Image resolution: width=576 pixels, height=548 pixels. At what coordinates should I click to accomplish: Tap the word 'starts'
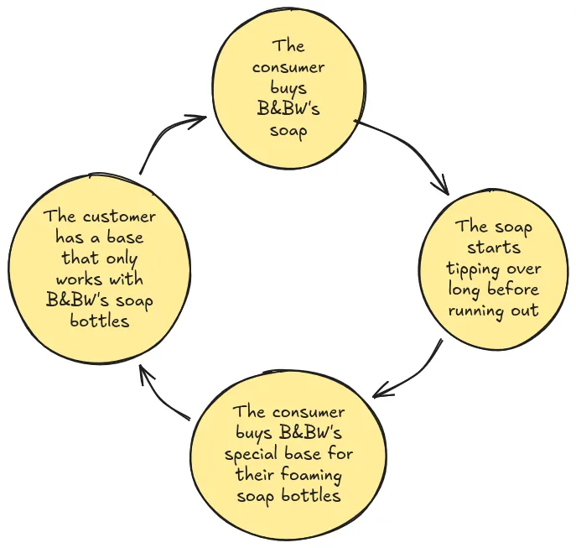click(494, 248)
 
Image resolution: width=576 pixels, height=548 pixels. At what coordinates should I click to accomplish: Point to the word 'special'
click(253, 454)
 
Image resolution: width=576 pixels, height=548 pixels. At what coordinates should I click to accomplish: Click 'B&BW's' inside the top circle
click(288, 110)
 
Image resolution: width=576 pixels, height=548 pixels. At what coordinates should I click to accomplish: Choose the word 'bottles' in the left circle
click(100, 321)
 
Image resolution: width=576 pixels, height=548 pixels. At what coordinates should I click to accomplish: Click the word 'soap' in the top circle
click(288, 131)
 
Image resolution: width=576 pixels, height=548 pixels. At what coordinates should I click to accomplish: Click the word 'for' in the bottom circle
click(340, 454)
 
